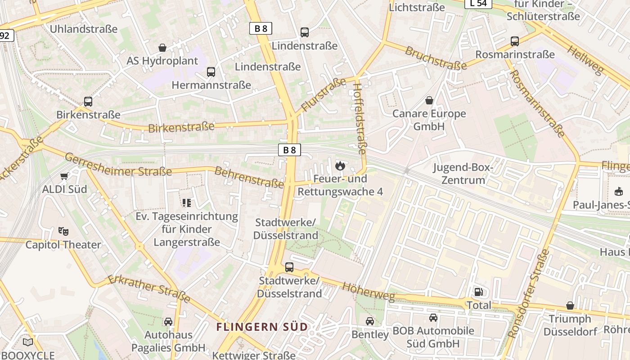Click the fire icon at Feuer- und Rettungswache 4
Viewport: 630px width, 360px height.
click(340, 166)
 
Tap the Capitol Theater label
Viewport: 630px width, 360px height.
click(63, 245)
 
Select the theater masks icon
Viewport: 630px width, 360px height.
click(63, 232)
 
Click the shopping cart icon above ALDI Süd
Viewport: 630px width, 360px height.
click(64, 176)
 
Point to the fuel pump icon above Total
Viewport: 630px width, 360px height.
click(478, 292)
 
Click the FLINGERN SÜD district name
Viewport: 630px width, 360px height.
click(262, 327)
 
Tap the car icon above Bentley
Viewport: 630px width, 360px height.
click(369, 321)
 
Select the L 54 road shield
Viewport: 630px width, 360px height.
click(478, 4)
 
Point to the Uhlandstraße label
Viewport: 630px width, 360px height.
click(84, 29)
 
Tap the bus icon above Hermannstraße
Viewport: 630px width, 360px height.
click(211, 72)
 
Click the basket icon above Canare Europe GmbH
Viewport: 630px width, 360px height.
click(429, 100)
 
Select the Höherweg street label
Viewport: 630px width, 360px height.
click(368, 292)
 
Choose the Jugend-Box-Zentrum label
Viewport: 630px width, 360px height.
click(463, 174)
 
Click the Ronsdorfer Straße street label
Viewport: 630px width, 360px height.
click(528, 294)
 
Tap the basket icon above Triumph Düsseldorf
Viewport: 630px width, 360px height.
click(570, 306)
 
